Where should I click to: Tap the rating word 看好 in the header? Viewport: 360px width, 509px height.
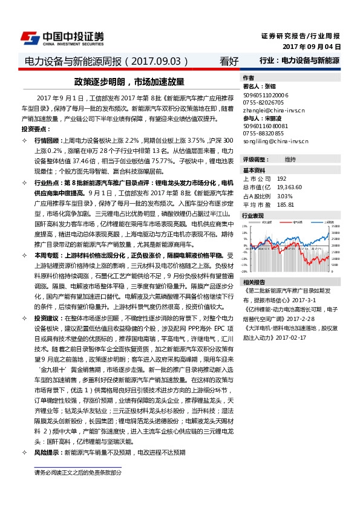229,61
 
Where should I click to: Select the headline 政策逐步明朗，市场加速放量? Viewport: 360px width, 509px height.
128,82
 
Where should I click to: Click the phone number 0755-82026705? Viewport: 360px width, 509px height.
263,103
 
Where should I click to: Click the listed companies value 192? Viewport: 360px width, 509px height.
281,179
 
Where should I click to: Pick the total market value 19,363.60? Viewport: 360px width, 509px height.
289,187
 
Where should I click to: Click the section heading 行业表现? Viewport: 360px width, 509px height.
253,215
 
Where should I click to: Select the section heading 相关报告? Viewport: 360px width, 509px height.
253,282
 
